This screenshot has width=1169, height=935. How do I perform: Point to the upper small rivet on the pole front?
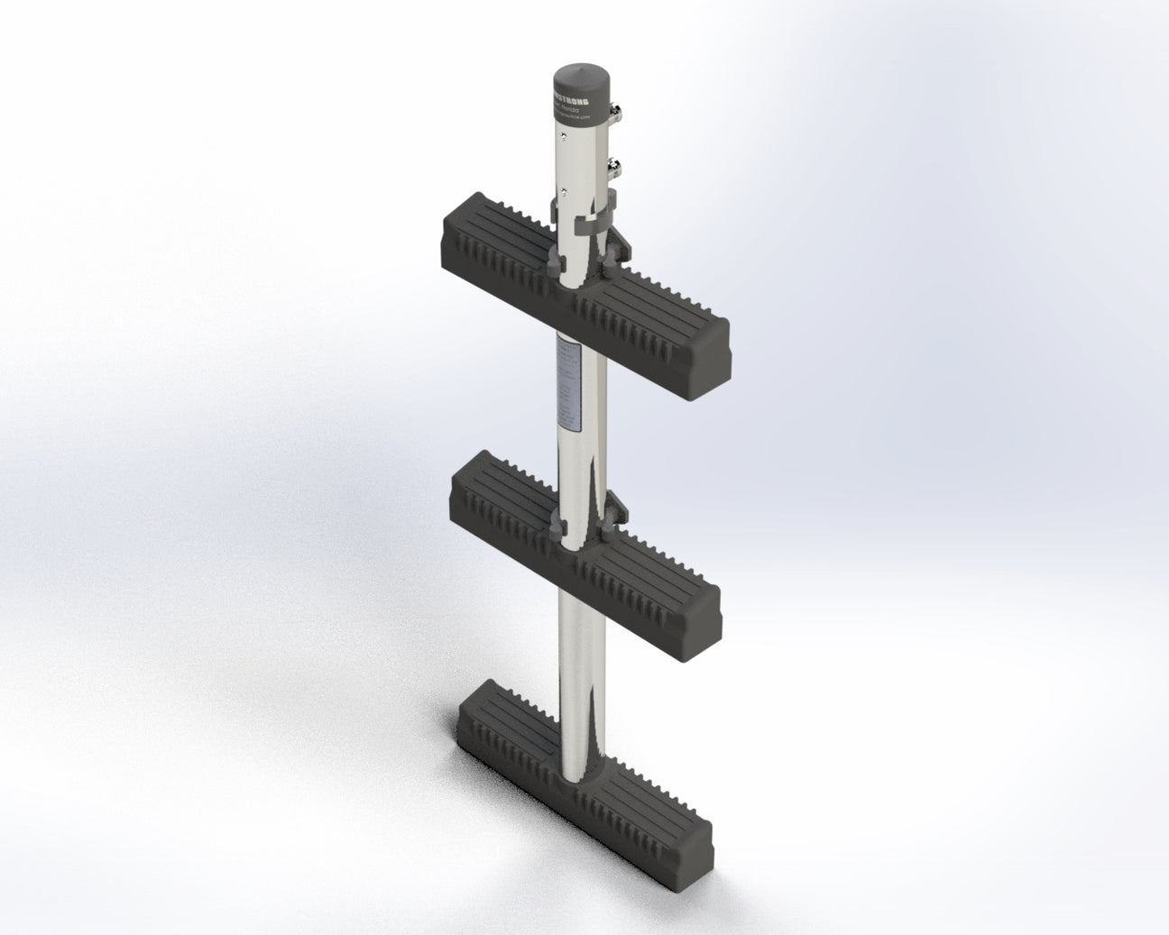[x=563, y=135]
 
